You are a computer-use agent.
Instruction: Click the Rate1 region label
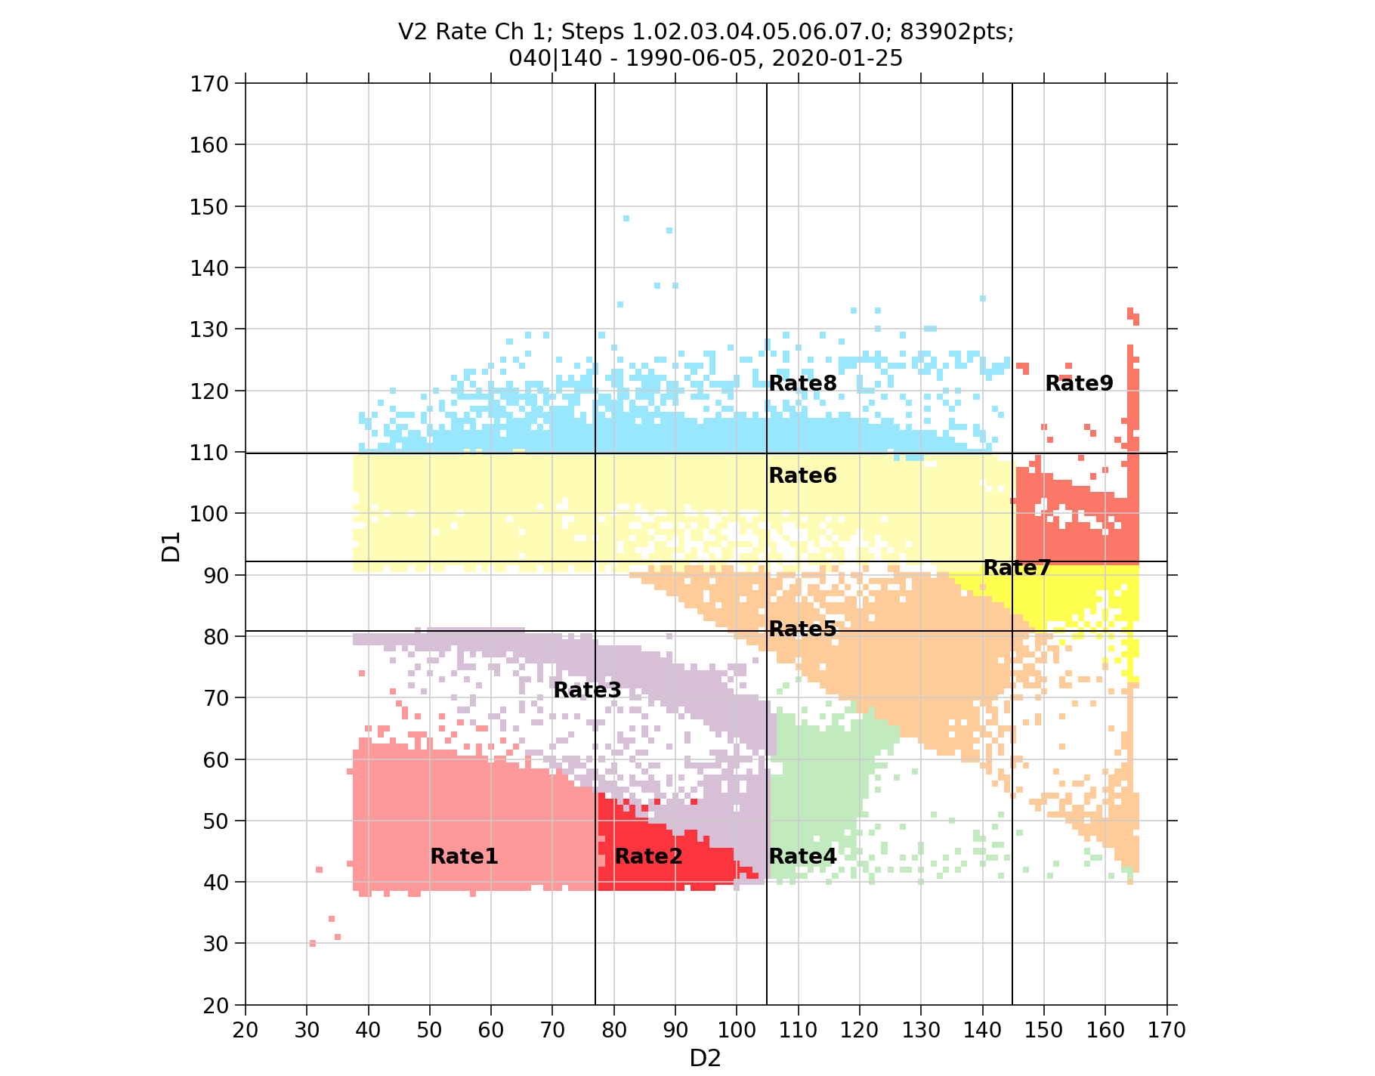[x=464, y=856]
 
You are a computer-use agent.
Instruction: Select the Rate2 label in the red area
[x=648, y=856]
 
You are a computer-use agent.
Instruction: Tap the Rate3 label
[x=587, y=690]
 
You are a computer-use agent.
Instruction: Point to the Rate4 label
[x=802, y=856]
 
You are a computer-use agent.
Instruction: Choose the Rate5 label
[x=802, y=629]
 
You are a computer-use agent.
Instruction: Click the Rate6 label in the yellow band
[x=802, y=475]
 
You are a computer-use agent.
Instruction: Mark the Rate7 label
[x=1017, y=567]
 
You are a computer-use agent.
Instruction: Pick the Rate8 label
[x=802, y=383]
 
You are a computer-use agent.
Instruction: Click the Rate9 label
[x=1079, y=383]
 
